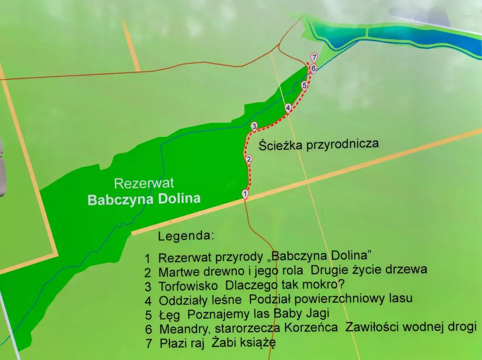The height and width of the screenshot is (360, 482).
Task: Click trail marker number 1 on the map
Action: tap(245, 194)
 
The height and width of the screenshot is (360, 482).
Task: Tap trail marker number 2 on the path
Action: tap(249, 159)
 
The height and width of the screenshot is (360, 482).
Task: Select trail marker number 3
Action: tap(254, 126)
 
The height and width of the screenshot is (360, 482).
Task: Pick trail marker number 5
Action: tap(305, 86)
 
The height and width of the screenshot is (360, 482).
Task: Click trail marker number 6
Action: tap(313, 68)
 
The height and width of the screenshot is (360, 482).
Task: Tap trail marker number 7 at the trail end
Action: tap(314, 57)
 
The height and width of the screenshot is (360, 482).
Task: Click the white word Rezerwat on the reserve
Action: tap(144, 183)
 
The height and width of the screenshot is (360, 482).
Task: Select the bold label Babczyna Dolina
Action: tap(144, 199)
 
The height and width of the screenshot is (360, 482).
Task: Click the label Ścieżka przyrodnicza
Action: tap(319, 144)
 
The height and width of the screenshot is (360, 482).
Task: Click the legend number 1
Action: tap(148, 258)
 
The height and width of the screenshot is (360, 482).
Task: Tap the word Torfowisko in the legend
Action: tap(188, 286)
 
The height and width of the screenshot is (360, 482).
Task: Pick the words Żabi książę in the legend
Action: tap(243, 343)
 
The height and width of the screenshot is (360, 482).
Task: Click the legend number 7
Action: tap(149, 344)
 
